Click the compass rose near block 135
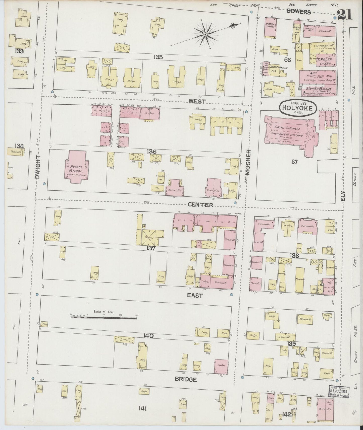206,34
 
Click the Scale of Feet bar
103,317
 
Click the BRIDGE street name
186,380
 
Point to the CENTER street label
201,205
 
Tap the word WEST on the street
197,101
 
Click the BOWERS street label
299,12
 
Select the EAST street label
195,296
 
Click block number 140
149,336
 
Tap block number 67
294,162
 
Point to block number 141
142,409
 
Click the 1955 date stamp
339,391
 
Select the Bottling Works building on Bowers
271,27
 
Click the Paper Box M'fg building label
318,75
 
